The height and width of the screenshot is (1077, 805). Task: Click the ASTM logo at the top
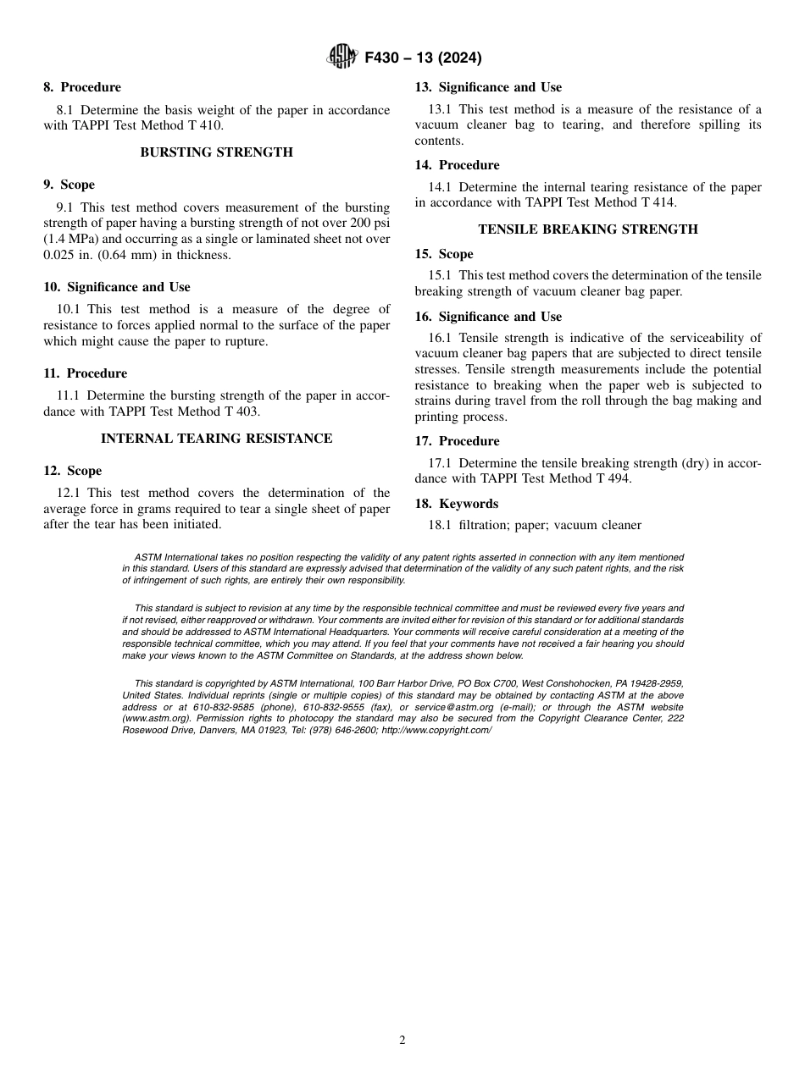tap(342, 58)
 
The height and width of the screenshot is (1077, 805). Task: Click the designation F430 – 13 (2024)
tap(423, 58)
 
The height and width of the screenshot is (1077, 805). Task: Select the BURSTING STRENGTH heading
tap(217, 152)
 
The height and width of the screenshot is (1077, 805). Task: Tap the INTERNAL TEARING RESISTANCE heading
tap(217, 439)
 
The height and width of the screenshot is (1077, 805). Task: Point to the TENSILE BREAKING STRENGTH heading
tap(588, 229)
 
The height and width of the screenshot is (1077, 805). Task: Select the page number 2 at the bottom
tap(402, 1041)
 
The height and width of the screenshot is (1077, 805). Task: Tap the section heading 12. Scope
tap(72, 471)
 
